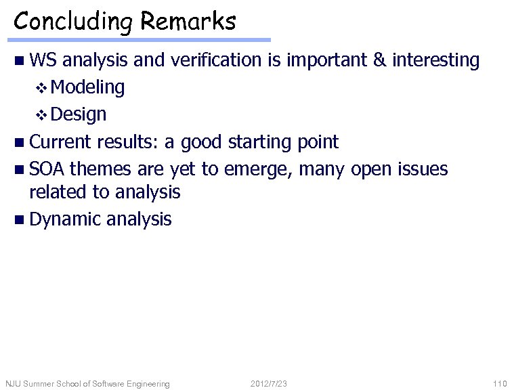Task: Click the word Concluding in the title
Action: [74, 22]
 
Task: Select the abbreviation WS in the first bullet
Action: [43, 60]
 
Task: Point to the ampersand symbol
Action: [380, 60]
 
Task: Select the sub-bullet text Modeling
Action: [87, 87]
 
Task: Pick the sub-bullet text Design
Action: [78, 114]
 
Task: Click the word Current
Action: [60, 142]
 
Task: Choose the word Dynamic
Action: [65, 219]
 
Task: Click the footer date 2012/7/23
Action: [269, 384]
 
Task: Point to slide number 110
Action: [500, 384]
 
